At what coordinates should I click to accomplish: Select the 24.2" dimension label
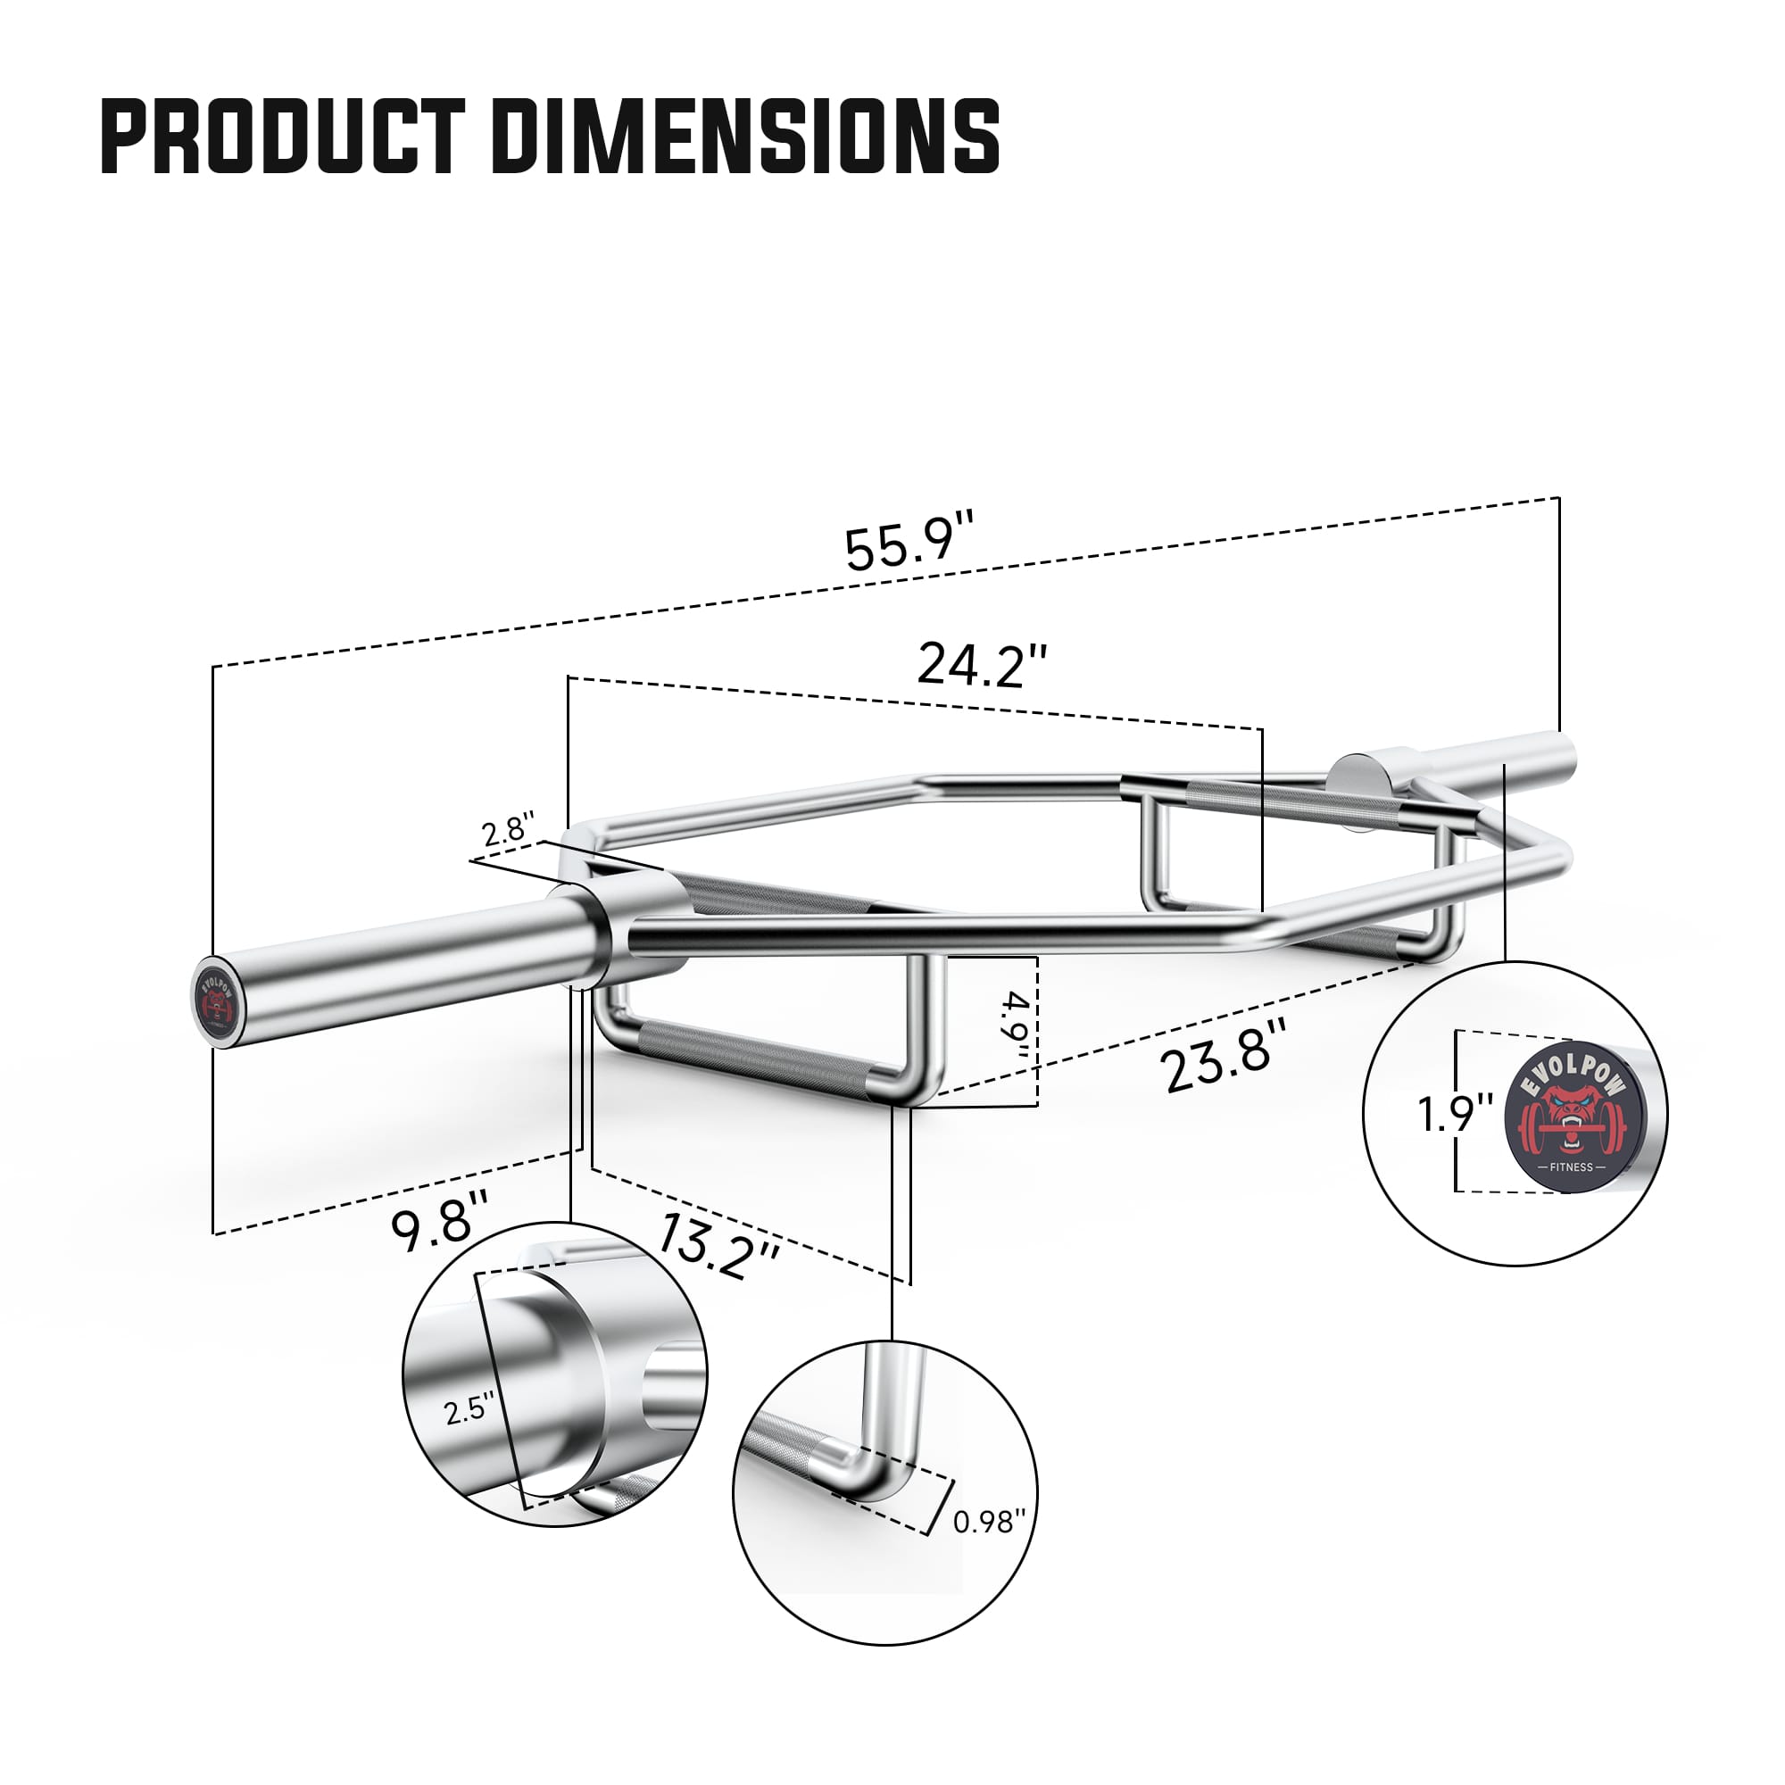pyautogui.click(x=982, y=664)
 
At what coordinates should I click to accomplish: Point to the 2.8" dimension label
pyautogui.click(x=507, y=830)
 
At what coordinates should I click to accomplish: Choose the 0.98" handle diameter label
pyautogui.click(x=989, y=1521)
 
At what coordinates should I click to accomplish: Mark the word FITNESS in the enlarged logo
pyautogui.click(x=1572, y=1166)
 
